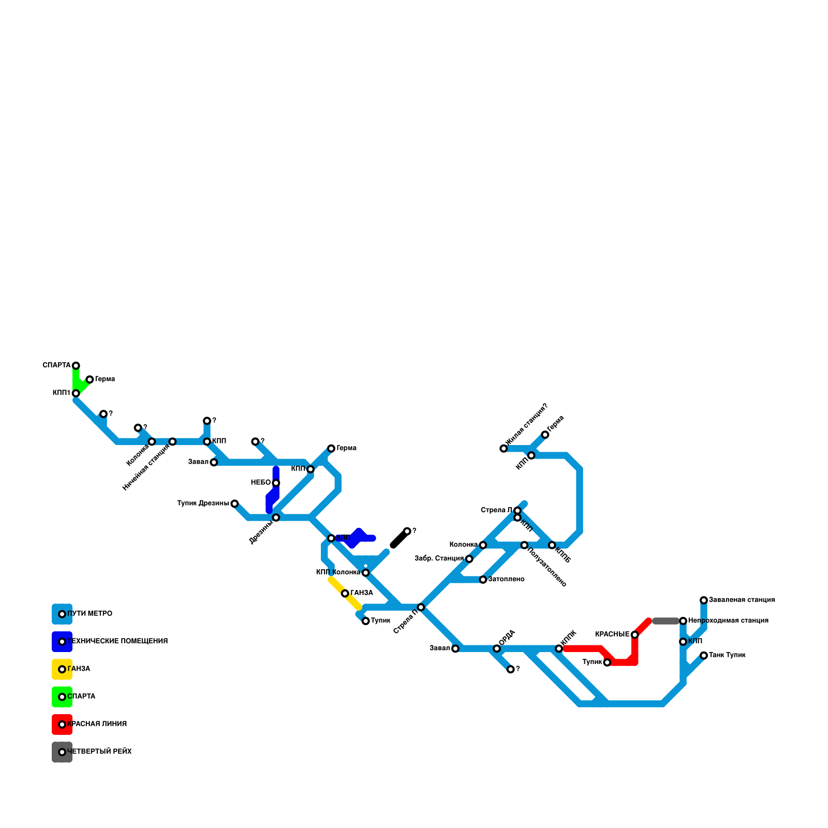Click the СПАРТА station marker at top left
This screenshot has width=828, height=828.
[76, 365]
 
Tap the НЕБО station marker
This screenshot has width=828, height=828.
[276, 483]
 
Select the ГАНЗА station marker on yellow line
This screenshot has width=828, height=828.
[345, 593]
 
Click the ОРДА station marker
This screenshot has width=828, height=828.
[497, 648]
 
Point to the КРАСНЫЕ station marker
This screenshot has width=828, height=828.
[634, 634]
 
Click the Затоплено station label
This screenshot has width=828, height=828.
[506, 579]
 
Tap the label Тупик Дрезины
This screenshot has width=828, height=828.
[203, 503]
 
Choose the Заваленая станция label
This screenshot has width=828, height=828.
[741, 600]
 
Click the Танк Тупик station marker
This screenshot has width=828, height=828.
[704, 655]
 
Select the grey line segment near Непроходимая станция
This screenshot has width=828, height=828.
[666, 621]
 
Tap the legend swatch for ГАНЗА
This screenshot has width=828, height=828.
[62, 669]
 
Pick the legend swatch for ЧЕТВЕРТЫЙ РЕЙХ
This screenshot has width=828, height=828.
[62, 752]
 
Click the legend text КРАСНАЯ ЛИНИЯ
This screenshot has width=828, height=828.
[97, 724]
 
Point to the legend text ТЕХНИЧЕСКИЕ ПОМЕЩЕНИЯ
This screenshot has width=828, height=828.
[117, 641]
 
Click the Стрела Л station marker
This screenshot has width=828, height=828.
[517, 511]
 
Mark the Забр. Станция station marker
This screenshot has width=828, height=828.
[469, 559]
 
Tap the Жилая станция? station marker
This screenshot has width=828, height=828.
[504, 448]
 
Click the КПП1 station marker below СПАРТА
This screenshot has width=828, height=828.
[76, 393]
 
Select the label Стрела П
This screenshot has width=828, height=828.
[405, 621]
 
